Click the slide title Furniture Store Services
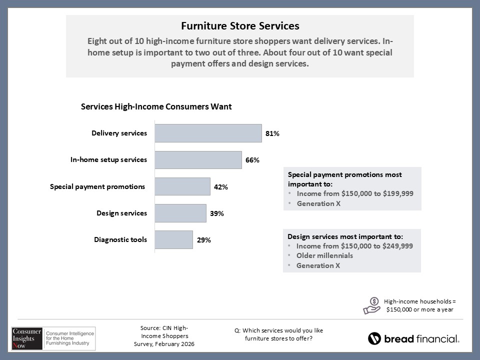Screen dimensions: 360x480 click(240, 25)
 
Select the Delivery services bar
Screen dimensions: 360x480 click(208, 133)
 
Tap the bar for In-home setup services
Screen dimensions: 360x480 click(198, 160)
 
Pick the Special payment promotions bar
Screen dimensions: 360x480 click(182, 186)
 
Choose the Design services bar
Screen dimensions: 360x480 click(180, 213)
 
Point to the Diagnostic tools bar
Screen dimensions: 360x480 click(173, 239)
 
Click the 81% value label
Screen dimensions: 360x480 click(272, 134)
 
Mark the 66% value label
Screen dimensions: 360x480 click(252, 160)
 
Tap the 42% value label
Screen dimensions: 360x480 click(221, 187)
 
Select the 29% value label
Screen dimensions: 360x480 click(203, 240)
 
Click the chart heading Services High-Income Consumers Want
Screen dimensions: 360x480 click(156, 106)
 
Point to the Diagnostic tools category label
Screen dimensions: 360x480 click(120, 239)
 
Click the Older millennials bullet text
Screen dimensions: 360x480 click(324, 255)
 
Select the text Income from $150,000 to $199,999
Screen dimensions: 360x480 click(355, 193)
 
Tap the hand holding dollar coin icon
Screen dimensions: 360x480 click(371, 305)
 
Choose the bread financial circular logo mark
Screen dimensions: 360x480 click(374, 338)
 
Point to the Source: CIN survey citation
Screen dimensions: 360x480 click(164, 336)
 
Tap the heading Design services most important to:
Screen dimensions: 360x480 click(345, 236)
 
